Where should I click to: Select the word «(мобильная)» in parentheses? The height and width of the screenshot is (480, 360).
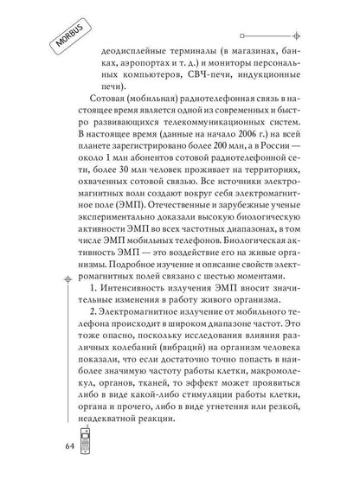[x=174, y=126]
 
